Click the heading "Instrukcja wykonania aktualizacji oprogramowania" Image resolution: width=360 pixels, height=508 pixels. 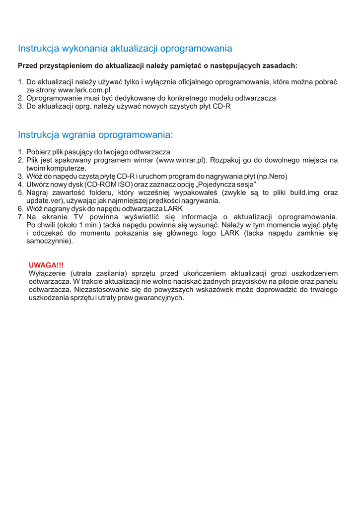125,49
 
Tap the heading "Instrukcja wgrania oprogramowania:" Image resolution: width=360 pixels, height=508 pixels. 95,135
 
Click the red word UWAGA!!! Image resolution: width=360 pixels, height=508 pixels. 46,265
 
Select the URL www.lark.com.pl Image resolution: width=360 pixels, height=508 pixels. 84,90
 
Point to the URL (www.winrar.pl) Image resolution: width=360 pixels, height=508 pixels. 181,160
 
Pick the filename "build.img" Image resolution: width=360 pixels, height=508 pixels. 309,192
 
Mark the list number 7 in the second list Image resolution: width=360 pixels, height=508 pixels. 20,217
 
